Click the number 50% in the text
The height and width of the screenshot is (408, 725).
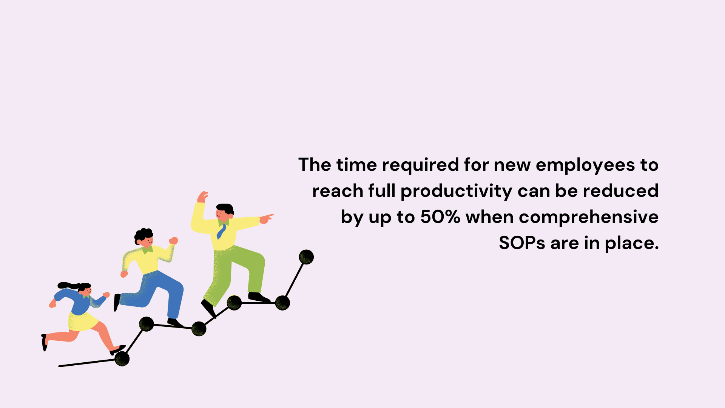click(440, 217)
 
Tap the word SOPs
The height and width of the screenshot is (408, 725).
click(522, 243)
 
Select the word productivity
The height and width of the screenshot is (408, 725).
click(456, 192)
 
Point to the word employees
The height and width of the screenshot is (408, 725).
click(585, 165)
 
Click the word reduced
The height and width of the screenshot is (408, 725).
click(621, 191)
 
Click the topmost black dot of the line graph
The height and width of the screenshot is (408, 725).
click(306, 257)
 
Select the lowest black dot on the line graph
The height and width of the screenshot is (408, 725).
click(122, 359)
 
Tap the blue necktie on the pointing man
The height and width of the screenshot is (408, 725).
click(221, 232)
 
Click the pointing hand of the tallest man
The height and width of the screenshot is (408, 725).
click(266, 218)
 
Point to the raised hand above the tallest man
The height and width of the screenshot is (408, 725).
click(203, 197)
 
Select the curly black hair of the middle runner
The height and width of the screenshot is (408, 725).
click(143, 235)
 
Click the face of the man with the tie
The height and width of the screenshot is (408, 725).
click(222, 214)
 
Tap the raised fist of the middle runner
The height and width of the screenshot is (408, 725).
click(173, 241)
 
